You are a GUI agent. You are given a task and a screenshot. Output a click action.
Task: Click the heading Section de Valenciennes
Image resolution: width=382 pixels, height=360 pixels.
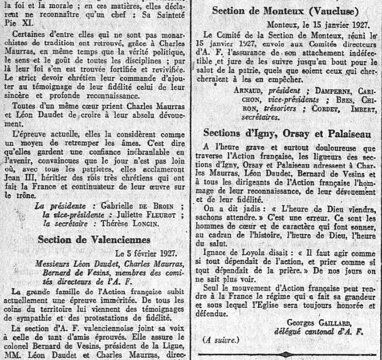(94, 239)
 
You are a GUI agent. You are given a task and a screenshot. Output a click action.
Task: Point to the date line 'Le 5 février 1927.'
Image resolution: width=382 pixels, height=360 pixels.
(147, 253)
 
